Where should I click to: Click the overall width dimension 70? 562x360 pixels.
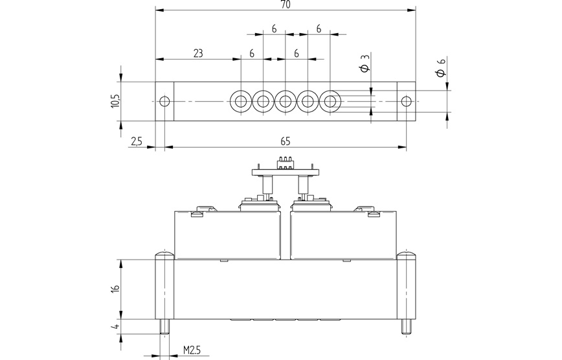click(x=286, y=5)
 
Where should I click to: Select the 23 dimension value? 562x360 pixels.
click(x=198, y=54)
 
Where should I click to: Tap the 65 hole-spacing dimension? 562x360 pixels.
click(x=286, y=141)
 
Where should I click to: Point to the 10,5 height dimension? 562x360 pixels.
click(x=115, y=100)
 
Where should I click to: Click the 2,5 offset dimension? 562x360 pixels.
click(x=136, y=141)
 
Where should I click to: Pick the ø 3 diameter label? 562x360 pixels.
click(x=366, y=65)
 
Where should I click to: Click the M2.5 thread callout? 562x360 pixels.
click(x=191, y=350)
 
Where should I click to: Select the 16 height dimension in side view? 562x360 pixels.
click(x=115, y=289)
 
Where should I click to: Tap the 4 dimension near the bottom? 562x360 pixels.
click(x=115, y=326)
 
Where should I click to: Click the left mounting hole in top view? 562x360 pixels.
click(x=164, y=101)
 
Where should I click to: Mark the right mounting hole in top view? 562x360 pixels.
click(x=406, y=101)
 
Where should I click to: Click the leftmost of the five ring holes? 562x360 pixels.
click(x=241, y=101)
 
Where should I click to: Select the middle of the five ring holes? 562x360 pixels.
click(x=286, y=101)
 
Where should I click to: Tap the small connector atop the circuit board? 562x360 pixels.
click(x=285, y=162)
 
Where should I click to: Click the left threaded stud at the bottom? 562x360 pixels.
click(x=164, y=326)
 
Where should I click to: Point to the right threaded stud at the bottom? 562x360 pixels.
click(x=406, y=326)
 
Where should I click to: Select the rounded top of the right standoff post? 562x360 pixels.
click(x=406, y=254)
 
